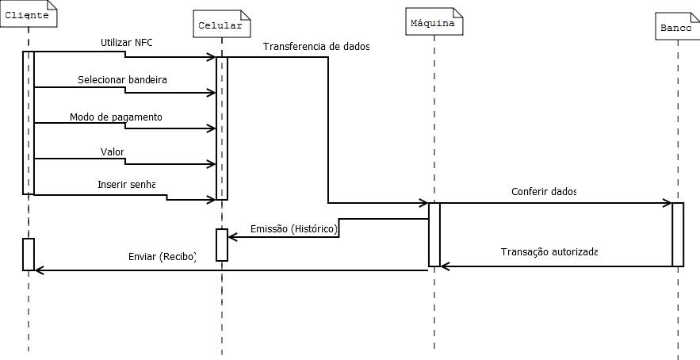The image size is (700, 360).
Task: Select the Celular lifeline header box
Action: (x=219, y=25)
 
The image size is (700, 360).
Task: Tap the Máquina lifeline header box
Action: (x=433, y=24)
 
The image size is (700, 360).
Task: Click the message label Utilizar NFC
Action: (x=126, y=42)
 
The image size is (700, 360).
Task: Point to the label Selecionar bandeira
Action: (x=122, y=80)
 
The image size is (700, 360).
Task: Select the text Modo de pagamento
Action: (x=116, y=117)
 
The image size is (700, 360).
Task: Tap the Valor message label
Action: (x=113, y=151)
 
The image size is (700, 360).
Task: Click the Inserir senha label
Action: (x=126, y=184)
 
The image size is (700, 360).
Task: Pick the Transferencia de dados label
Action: (x=316, y=46)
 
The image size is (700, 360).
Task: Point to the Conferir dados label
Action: (x=544, y=191)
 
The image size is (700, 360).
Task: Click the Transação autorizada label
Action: (x=549, y=251)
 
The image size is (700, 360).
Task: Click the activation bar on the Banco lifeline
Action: (x=678, y=235)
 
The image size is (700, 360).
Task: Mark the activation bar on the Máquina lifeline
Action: (x=434, y=235)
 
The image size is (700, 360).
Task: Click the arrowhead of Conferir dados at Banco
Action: (x=667, y=203)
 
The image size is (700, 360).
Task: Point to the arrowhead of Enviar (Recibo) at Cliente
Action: (x=39, y=270)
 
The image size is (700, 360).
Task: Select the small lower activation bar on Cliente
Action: (x=29, y=254)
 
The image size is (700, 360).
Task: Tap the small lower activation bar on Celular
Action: (x=222, y=244)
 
